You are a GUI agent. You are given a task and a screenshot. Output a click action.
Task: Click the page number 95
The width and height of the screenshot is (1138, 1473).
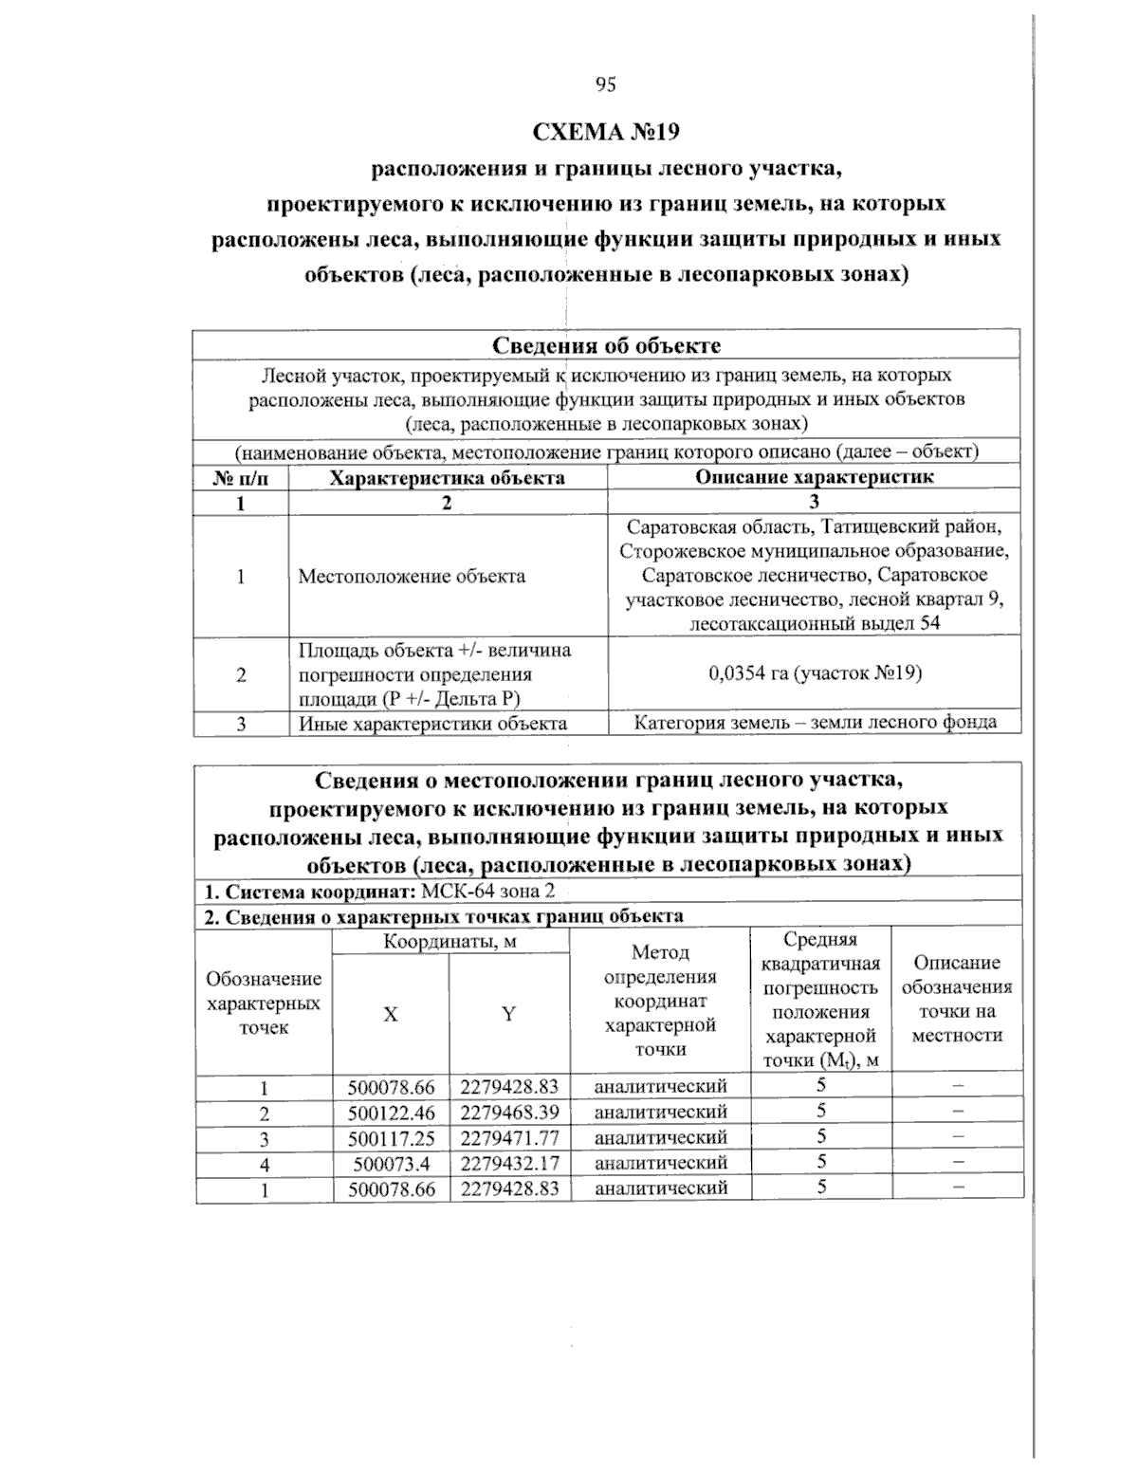point(606,84)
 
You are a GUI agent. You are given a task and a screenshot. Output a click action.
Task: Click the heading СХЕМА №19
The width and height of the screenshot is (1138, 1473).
point(606,131)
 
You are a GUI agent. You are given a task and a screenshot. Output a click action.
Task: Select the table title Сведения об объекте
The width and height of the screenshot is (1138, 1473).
point(606,345)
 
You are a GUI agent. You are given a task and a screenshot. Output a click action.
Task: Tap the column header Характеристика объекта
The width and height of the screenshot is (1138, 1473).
point(447,477)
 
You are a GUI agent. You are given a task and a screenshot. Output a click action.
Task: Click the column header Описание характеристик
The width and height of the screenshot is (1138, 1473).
point(814,477)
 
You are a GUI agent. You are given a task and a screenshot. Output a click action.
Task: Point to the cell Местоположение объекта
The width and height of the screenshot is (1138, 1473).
point(412,576)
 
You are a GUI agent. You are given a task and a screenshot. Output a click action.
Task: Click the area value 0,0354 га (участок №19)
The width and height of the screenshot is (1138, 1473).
point(814,673)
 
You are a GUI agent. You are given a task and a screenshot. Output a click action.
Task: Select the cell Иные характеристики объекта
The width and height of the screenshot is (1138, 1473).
point(432,723)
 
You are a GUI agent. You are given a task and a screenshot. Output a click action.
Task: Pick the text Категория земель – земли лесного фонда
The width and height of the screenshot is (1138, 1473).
point(814,722)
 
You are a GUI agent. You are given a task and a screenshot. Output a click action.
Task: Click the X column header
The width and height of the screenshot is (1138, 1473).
point(390,1014)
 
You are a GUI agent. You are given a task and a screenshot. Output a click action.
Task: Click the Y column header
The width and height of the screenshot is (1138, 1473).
point(509,1014)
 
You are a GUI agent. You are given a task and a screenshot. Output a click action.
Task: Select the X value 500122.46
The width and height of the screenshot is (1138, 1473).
point(391,1112)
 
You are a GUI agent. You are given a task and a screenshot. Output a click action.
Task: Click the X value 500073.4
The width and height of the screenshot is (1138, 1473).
point(391,1162)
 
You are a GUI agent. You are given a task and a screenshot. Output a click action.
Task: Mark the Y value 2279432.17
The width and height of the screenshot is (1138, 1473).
point(509,1162)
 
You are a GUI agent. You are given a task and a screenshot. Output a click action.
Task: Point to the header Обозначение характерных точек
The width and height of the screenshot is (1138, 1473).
point(264,1003)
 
